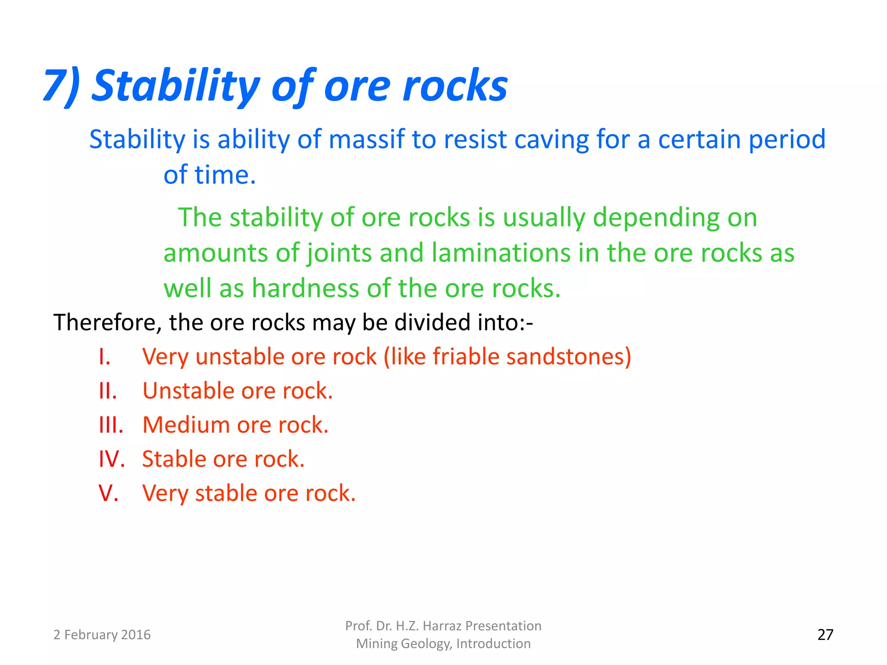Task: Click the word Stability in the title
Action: point(175,87)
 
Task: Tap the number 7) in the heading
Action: point(62,87)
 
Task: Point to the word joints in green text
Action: point(338,254)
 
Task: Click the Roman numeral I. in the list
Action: point(104,357)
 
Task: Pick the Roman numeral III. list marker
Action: point(111,425)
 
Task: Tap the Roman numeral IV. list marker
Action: point(111,459)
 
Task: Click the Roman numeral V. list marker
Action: point(108,494)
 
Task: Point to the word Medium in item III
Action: point(186,425)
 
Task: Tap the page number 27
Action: point(825,635)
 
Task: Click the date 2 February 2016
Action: point(102,635)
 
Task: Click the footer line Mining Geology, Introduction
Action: point(443,644)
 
